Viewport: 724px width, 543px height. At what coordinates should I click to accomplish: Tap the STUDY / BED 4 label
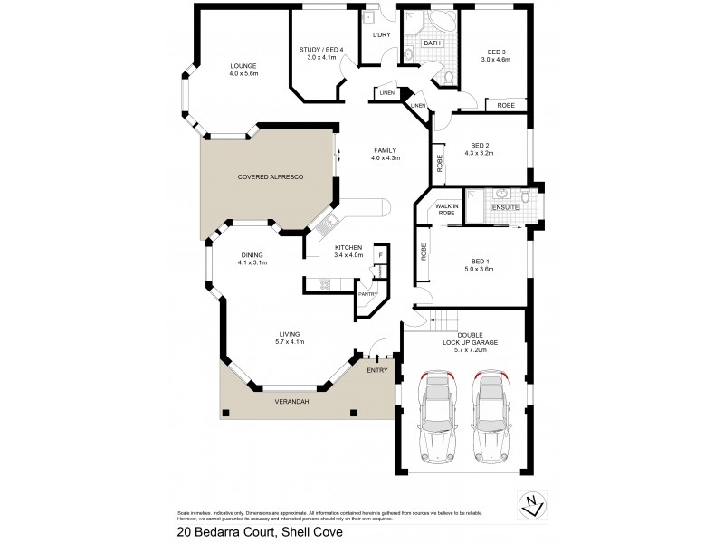click(320, 50)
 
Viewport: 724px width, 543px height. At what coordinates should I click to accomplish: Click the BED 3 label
click(496, 52)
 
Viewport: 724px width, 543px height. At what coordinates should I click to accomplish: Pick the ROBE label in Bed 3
click(506, 105)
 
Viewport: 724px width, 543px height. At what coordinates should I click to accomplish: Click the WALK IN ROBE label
click(448, 210)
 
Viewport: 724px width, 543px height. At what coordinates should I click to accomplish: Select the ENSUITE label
click(505, 208)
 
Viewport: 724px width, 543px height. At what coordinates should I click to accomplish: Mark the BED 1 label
click(480, 260)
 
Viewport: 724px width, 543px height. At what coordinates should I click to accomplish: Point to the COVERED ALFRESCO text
click(271, 177)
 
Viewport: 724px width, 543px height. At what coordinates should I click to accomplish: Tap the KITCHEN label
click(348, 247)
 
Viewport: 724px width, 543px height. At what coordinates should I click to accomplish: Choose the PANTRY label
click(368, 294)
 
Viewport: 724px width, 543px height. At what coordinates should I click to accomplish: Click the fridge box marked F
click(381, 255)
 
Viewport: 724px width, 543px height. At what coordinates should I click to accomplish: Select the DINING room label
click(252, 255)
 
